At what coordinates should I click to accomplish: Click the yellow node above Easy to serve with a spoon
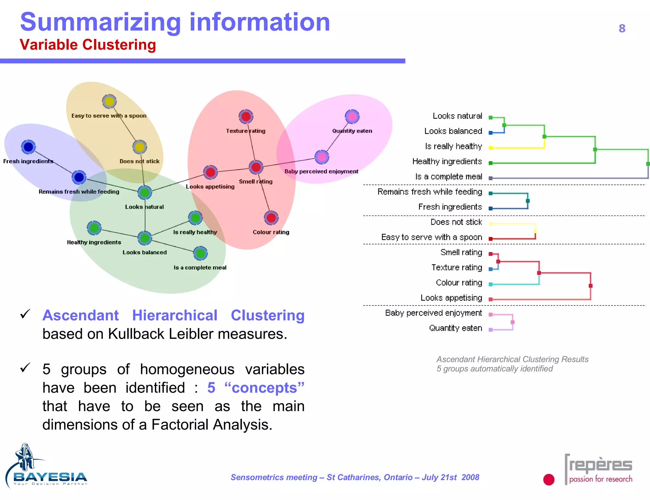(x=109, y=102)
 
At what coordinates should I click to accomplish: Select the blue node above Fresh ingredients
(x=28, y=147)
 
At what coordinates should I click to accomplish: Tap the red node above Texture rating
(x=246, y=117)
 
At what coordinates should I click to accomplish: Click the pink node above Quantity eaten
(x=352, y=117)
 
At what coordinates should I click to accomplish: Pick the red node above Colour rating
(x=271, y=218)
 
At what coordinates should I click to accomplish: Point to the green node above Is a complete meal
(x=200, y=253)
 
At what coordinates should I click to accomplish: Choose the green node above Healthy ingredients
(x=94, y=228)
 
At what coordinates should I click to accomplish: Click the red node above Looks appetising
(x=210, y=172)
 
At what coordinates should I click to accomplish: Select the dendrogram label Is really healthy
(x=453, y=146)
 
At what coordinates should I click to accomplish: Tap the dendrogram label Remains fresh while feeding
(x=430, y=192)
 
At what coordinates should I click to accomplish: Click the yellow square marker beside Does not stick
(x=490, y=224)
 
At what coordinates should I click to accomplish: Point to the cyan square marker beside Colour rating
(x=490, y=284)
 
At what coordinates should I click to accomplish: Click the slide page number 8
(x=622, y=29)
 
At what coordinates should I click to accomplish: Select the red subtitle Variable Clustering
(x=88, y=45)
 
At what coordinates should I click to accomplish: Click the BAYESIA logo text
(x=50, y=477)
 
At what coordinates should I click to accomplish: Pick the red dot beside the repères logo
(x=549, y=479)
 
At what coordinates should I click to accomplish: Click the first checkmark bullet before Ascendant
(x=25, y=314)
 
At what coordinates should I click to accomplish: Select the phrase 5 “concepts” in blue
(x=255, y=388)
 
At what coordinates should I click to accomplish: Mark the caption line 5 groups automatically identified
(x=494, y=369)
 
